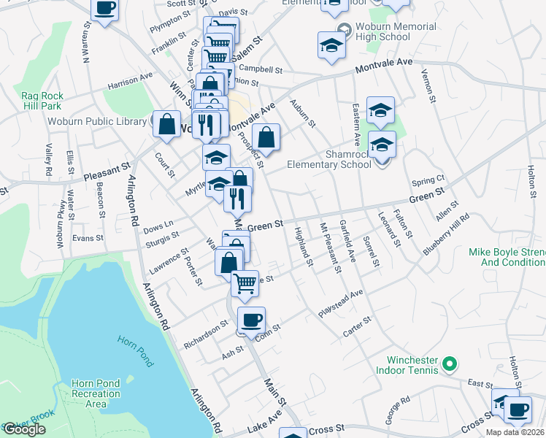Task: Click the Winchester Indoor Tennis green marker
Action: point(450,363)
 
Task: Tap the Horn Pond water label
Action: point(135,350)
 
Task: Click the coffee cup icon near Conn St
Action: point(252,319)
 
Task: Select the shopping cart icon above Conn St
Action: point(245,282)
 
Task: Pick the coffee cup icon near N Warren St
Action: point(104,9)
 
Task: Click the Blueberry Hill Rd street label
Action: point(447,233)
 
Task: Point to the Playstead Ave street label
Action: point(340,303)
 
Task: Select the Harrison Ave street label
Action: point(130,80)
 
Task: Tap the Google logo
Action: point(24,429)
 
